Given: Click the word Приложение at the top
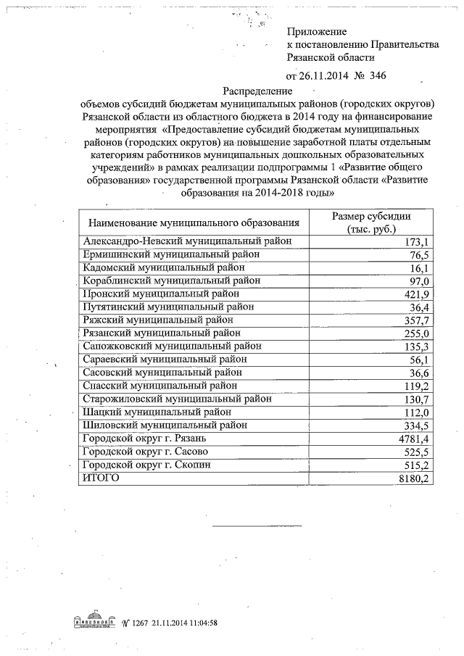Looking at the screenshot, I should point(318,32).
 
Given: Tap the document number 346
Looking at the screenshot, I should point(378,76).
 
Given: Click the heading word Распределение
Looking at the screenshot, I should point(257,92).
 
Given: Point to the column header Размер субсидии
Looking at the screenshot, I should point(371,217).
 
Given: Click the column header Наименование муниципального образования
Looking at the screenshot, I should point(194,223).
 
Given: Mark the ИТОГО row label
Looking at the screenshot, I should point(100,478).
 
